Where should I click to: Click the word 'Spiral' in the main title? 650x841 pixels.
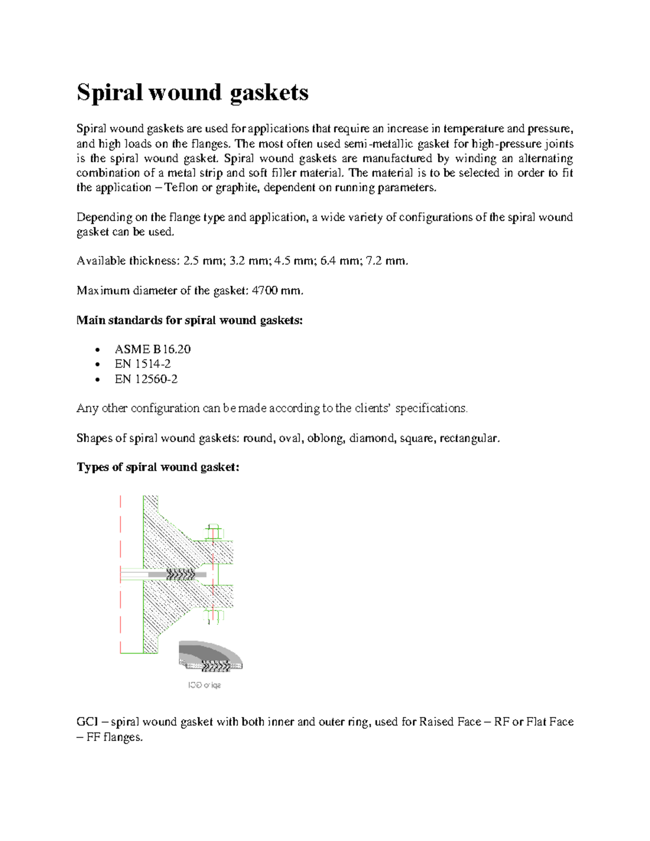109,93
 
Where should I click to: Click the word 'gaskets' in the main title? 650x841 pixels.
269,93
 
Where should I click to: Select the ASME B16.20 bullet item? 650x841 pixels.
152,349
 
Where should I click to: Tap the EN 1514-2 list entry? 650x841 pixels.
142,364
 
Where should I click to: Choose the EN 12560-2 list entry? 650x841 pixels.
146,379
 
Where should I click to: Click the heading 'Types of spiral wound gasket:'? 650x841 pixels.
158,467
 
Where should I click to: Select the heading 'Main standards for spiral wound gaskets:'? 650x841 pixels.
190,320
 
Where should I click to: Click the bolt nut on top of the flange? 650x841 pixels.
214,532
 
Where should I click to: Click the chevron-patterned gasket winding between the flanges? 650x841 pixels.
180,574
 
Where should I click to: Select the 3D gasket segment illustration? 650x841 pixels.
210,656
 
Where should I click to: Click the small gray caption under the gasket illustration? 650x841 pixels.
204,686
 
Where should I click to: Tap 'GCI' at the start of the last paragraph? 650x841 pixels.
86,722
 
